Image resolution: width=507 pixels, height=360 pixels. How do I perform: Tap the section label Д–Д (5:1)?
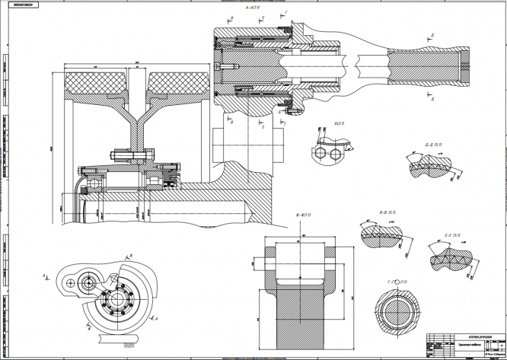click(435, 142)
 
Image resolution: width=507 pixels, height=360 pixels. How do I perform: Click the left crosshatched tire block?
click(94, 79)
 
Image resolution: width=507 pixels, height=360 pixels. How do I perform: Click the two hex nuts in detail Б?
click(329, 153)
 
